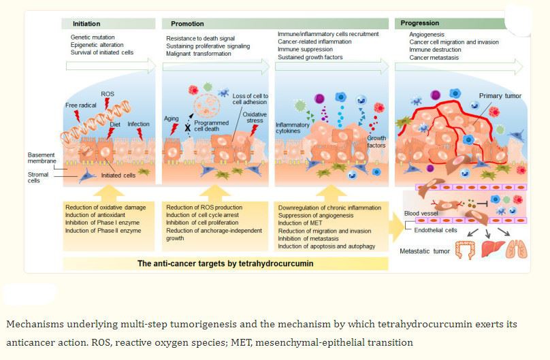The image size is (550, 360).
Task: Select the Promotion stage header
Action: (187, 23)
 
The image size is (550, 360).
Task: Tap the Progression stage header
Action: (420, 23)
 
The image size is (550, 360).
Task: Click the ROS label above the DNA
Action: (108, 93)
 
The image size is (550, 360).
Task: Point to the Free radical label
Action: (81, 105)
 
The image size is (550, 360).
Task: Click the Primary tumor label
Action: (499, 96)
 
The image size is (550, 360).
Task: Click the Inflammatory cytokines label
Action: (292, 129)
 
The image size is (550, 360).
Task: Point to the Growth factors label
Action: (376, 142)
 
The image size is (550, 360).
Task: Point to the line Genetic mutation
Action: (93, 36)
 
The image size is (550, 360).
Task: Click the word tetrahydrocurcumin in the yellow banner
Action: (276, 262)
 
